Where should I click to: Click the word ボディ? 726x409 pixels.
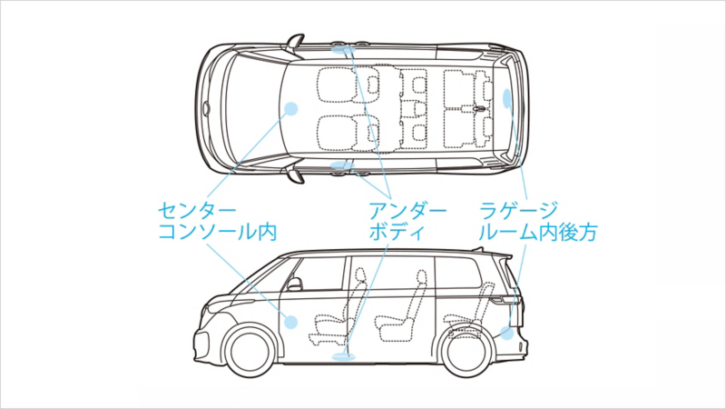tap(397, 233)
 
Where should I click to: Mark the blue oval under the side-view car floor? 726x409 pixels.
tap(346, 357)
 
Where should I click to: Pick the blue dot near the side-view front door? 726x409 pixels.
tap(290, 321)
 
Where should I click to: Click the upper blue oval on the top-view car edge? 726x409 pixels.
tap(341, 47)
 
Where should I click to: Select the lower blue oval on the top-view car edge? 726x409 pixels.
tap(341, 165)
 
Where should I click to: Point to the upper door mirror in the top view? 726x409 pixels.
tap(296, 40)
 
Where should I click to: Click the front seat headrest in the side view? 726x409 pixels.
tap(360, 274)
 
